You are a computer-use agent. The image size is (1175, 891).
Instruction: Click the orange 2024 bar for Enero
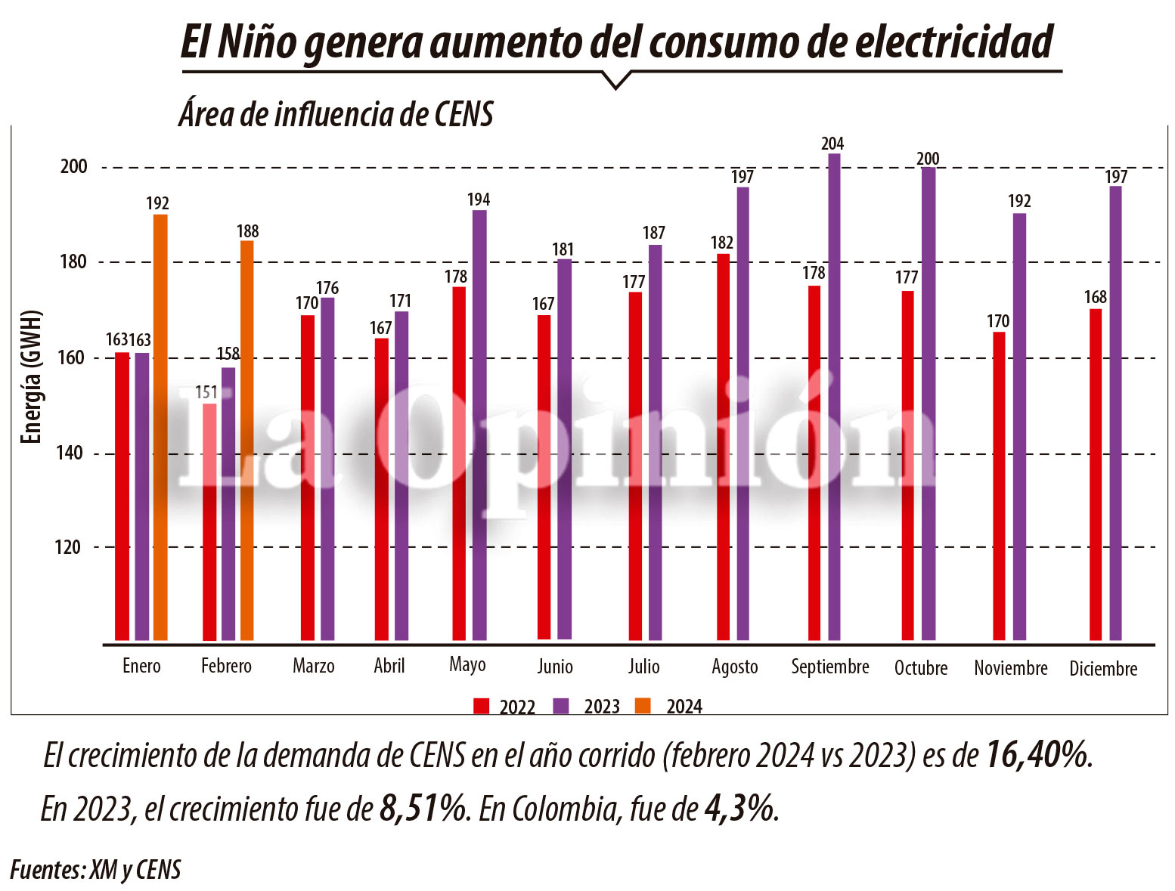pyautogui.click(x=160, y=427)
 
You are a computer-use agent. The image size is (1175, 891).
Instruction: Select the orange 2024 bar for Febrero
pyautogui.click(x=246, y=440)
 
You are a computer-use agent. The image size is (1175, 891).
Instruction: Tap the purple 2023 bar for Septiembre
pyautogui.click(x=834, y=397)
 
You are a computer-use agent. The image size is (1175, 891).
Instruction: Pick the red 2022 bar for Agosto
pyautogui.click(x=724, y=447)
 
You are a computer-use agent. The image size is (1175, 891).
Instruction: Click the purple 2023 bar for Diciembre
pyautogui.click(x=1115, y=413)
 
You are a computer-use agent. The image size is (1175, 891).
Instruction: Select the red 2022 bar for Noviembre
pyautogui.click(x=999, y=486)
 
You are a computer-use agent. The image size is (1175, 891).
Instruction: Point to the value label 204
pyautogui.click(x=832, y=144)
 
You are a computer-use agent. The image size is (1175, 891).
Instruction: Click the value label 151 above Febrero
pyautogui.click(x=206, y=392)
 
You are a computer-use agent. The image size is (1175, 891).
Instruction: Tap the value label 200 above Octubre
pyautogui.click(x=928, y=159)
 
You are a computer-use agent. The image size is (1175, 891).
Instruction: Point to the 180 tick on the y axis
pyautogui.click(x=73, y=262)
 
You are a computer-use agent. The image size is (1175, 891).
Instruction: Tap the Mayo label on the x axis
pyautogui.click(x=467, y=665)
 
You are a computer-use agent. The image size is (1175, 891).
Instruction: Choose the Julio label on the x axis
pyautogui.click(x=643, y=667)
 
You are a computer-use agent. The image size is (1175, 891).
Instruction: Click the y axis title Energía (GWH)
pyautogui.click(x=30, y=377)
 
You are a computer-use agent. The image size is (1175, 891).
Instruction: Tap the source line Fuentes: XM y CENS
pyautogui.click(x=96, y=870)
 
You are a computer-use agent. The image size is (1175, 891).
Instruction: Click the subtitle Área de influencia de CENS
pyautogui.click(x=336, y=115)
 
